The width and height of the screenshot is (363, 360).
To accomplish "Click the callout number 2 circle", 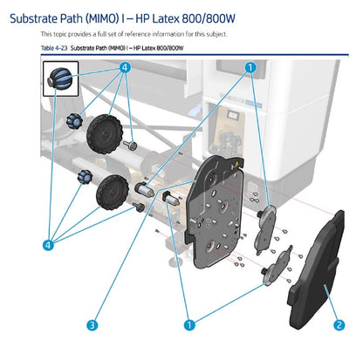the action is pos(339,324).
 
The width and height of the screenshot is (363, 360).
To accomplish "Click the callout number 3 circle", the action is pos(92,324).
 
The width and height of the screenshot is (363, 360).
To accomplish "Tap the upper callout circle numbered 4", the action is pos(125,68).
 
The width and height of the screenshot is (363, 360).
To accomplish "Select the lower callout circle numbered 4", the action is pos(48,245).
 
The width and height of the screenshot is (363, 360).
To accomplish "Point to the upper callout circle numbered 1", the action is pos(250,68).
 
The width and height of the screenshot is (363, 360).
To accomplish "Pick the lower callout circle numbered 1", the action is pos(189,324).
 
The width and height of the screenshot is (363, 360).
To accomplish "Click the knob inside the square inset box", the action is pos(60,79).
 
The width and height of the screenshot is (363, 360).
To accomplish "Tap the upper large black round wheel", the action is pos(105,133).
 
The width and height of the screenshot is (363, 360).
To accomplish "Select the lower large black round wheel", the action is pos(113,192).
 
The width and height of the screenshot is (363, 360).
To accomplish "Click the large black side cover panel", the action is pos(316,270).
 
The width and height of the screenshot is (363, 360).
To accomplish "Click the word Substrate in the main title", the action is pos(33,19).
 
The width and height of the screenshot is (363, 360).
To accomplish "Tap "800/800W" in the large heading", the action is pos(209,19).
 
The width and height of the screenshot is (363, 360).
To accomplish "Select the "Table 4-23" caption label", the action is pos(54,48).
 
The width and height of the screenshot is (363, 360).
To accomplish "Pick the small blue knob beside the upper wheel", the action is pos(74,120).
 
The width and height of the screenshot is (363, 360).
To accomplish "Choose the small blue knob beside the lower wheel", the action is pos(85,176).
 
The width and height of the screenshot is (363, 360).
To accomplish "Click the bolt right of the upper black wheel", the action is pos(130,145).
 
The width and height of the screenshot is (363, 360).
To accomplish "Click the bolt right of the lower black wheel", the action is pos(139,207).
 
